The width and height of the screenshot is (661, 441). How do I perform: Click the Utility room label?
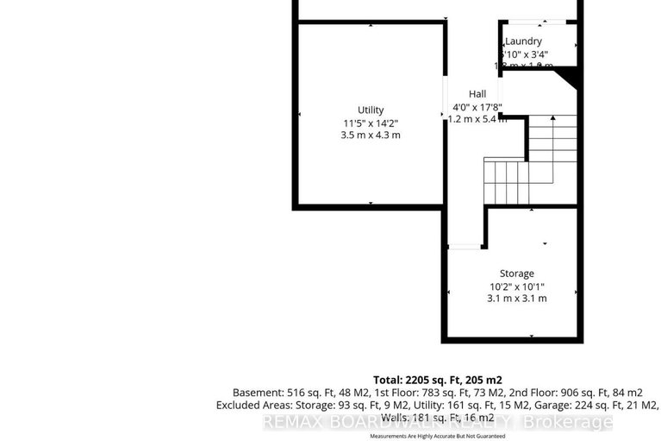point(371,110)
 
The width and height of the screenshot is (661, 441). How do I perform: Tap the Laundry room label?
point(523,41)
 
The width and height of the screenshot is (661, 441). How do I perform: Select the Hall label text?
point(477,94)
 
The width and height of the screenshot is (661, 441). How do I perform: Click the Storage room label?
point(516,274)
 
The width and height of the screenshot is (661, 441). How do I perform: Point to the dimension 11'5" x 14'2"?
point(371,123)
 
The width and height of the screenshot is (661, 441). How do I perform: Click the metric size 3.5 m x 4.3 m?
point(371,135)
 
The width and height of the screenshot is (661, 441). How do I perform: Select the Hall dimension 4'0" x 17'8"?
point(477,107)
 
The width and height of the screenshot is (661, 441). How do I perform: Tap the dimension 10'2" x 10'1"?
point(516,287)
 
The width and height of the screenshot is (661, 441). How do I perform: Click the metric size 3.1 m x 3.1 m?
point(516,299)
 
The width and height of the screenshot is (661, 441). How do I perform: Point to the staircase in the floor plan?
point(526,164)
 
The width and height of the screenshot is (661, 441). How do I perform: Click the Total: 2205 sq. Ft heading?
point(437,379)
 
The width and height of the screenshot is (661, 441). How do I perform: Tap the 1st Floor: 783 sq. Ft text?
point(399,392)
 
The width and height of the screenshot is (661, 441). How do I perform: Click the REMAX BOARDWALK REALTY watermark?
point(438,423)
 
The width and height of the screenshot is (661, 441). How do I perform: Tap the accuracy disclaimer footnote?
point(437,437)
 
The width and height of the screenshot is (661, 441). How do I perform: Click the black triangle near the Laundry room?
point(568,79)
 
